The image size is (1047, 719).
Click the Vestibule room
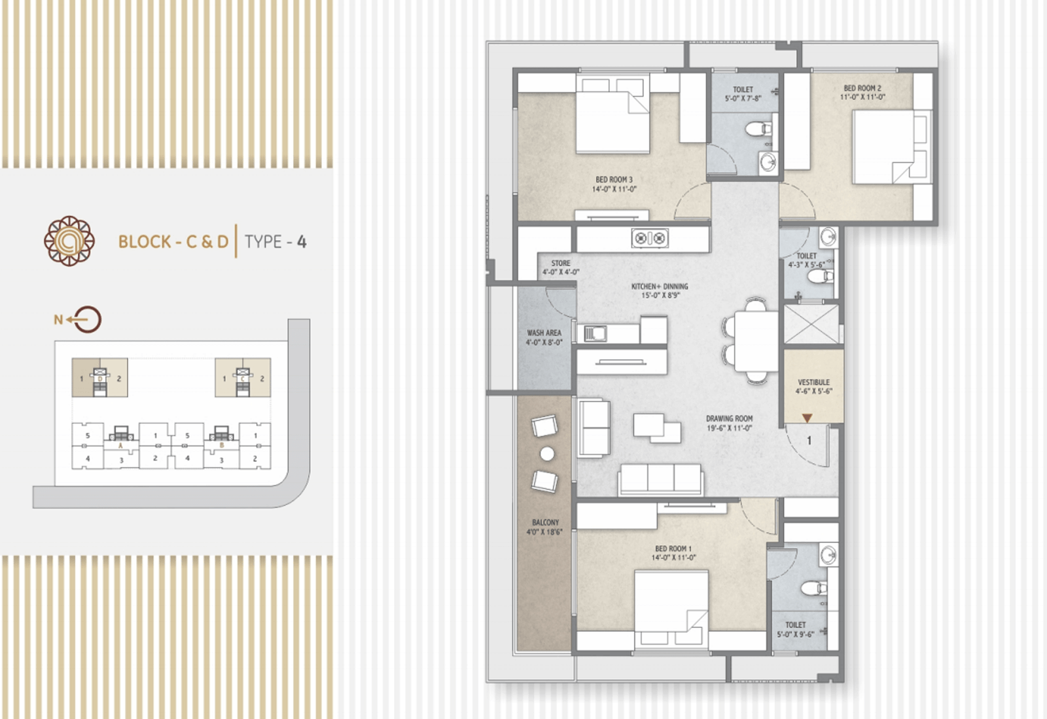tap(814, 386)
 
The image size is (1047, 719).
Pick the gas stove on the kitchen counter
tap(650, 238)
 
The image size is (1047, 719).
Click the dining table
tap(756, 342)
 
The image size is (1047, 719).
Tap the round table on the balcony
tap(547, 453)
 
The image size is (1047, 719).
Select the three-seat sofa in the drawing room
tap(660, 480)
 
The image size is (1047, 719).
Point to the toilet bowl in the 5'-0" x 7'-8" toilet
tap(758, 128)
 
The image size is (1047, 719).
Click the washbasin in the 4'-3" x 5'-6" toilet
tap(828, 237)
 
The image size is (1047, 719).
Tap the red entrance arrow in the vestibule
tap(807, 418)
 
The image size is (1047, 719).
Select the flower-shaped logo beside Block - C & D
tap(69, 241)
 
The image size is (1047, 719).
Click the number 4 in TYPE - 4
tap(302, 241)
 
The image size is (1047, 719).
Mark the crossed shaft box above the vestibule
tap(811, 324)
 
